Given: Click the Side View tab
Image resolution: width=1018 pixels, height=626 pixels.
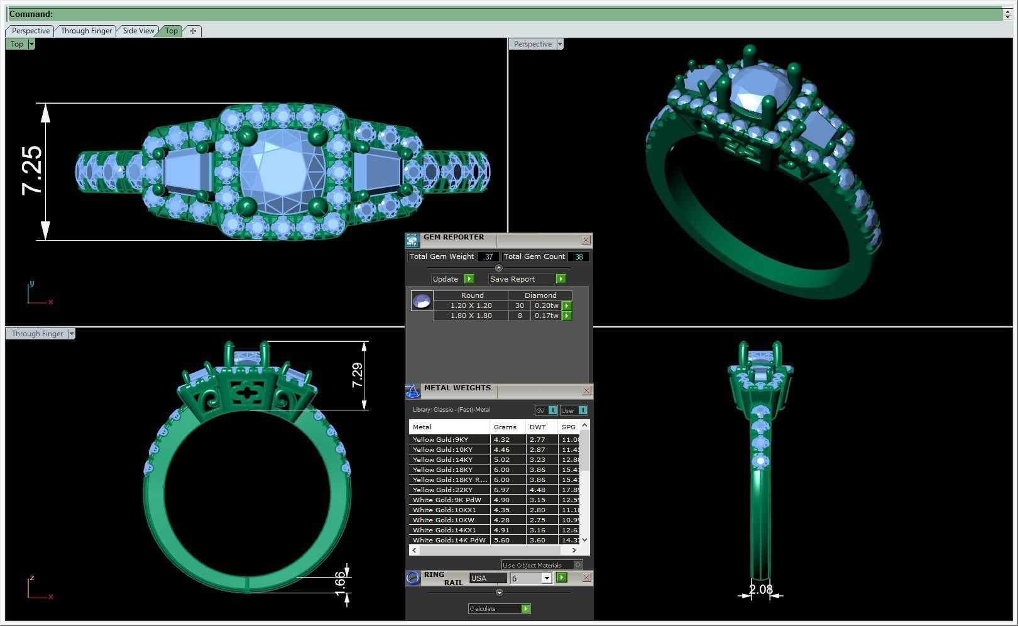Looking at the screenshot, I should click(138, 31).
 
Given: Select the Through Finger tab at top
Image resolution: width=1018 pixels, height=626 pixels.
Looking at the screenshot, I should click(86, 31).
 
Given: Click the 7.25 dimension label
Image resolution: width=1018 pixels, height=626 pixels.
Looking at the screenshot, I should click(32, 170).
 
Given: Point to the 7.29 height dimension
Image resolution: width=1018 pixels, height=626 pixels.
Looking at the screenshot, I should click(357, 375).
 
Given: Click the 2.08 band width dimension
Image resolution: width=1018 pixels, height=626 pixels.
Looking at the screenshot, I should click(760, 590).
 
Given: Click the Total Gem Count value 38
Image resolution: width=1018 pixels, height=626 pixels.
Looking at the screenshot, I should click(579, 256).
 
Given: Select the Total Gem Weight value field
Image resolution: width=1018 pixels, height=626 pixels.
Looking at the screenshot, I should click(488, 256).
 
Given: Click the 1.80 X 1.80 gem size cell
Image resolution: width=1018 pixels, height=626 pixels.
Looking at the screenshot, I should click(471, 316).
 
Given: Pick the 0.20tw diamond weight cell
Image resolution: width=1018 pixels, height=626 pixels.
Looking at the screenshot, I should click(546, 305).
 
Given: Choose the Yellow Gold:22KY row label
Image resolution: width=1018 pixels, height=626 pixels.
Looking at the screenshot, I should click(442, 490).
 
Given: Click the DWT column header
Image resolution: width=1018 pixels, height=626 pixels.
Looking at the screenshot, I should click(538, 427).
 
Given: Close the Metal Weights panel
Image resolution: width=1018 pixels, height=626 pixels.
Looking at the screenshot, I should click(586, 391).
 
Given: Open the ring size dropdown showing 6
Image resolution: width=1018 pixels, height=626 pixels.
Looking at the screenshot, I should click(546, 578).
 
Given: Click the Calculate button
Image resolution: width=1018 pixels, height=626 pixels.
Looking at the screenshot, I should click(499, 608).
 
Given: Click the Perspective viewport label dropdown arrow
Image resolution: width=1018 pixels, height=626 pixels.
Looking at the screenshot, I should click(560, 44).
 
